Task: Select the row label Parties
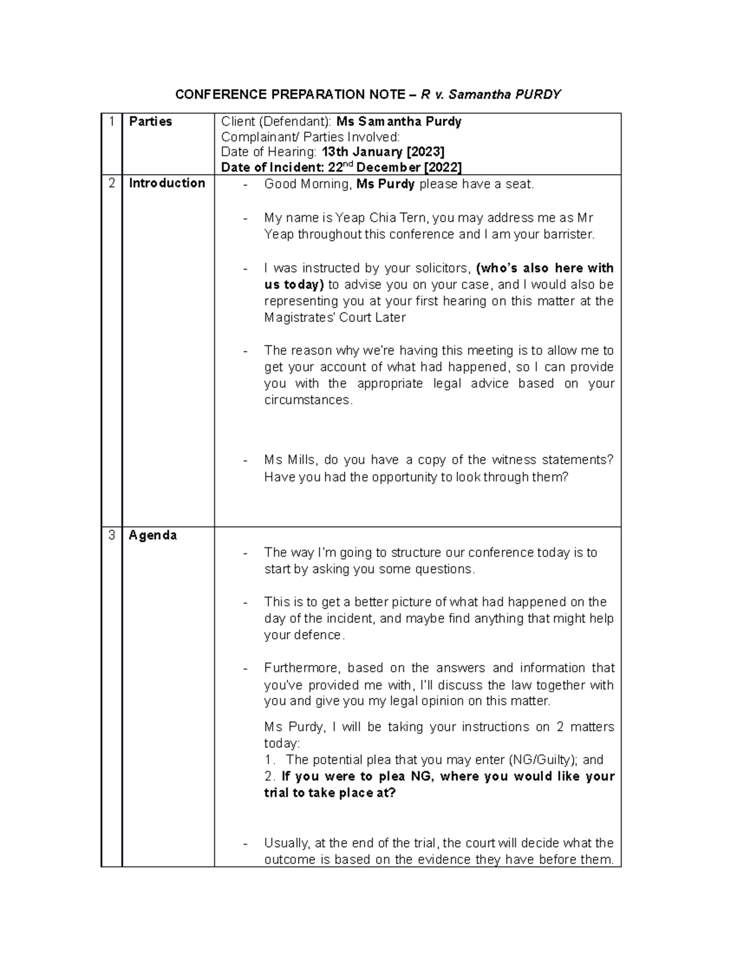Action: pos(150,122)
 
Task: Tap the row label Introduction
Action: pos(167,183)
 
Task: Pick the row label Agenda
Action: pos(153,535)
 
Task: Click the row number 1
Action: pos(111,122)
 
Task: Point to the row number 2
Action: pos(111,183)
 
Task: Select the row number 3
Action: pos(111,535)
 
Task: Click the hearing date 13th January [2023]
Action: pos(383,152)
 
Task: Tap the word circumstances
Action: pos(308,400)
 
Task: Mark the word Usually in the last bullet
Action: pos(286,843)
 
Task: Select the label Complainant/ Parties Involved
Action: pos(310,136)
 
